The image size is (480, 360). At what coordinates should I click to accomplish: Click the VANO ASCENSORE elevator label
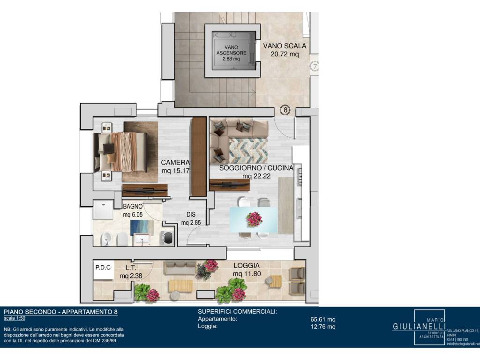pos(231,52)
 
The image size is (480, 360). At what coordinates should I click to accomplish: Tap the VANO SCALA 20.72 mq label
pos(285,50)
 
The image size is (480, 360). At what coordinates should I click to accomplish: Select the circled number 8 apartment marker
pos(285,110)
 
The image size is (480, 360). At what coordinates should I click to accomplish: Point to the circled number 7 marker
pos(315,66)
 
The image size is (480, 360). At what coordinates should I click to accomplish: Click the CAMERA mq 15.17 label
pos(175,166)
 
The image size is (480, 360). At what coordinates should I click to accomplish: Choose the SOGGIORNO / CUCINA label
pos(256,172)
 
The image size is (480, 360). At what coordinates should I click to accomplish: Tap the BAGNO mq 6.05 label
pos(133,210)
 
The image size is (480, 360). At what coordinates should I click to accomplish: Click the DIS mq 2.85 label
pos(191,218)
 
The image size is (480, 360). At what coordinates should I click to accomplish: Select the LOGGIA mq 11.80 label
pos(247,270)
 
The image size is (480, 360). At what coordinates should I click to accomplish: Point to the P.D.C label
pos(103,268)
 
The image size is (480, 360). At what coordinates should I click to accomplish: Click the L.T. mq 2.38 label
pos(131,272)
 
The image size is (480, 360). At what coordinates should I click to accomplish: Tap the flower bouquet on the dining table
pos(254,219)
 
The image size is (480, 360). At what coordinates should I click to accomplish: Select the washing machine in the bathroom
pos(167,238)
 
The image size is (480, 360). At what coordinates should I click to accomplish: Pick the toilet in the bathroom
pos(122,239)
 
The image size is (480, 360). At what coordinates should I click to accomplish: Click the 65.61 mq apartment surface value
pos(323,319)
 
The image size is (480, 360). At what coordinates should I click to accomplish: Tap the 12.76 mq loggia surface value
pos(323,326)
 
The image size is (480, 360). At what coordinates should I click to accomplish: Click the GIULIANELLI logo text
pos(419,326)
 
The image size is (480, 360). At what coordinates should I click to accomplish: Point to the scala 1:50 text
pos(15,318)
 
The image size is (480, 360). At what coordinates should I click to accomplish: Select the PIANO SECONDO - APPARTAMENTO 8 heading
pos(60,312)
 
